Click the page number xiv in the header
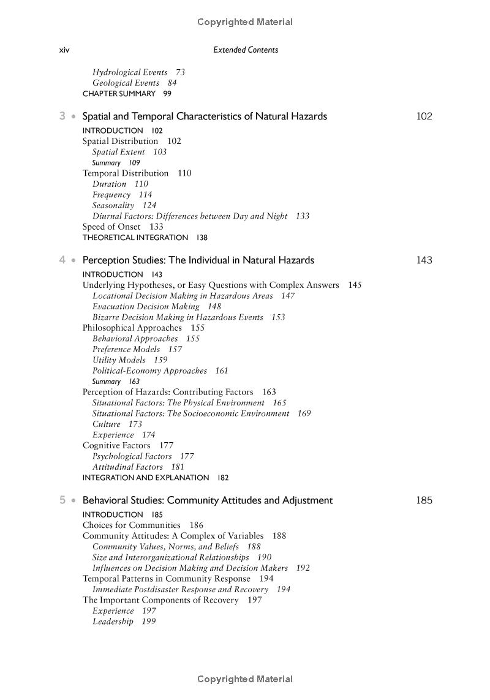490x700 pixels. coord(64,50)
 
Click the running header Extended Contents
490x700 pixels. coord(245,50)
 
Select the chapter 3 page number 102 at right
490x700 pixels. coord(424,116)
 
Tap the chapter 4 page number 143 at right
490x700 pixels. coord(424,260)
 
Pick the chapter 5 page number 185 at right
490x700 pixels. coord(424,500)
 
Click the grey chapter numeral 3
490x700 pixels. coord(62,116)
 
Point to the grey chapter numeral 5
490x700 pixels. coord(62,500)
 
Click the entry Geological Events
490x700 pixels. coord(126,83)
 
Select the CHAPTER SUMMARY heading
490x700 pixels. coord(119,94)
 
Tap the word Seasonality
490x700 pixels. coord(113,206)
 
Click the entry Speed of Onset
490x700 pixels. coord(111,227)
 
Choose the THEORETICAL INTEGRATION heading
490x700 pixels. coord(135,238)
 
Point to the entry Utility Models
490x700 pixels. coord(119,360)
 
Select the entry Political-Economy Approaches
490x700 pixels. coord(149,371)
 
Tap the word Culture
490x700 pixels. coord(107,424)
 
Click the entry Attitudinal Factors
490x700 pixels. coord(127,467)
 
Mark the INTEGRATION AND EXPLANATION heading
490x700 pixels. coord(146,478)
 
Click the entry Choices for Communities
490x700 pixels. coord(132,525)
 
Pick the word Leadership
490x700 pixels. coord(113,622)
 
